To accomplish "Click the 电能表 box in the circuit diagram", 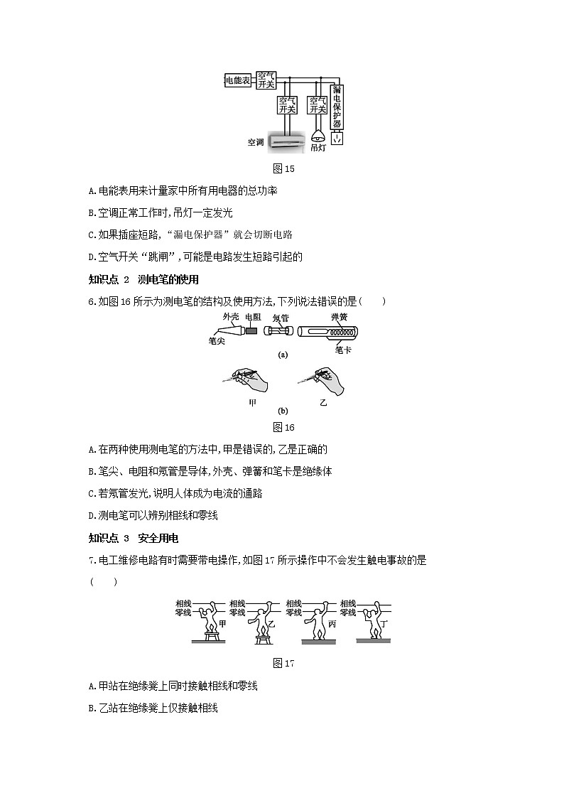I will click(237, 81).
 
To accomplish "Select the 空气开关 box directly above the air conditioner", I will click(287, 105).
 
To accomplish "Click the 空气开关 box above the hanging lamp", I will click(318, 105).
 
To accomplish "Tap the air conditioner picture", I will click(286, 141).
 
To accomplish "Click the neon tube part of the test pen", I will click(277, 331).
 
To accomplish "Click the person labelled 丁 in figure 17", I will click(369, 619).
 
